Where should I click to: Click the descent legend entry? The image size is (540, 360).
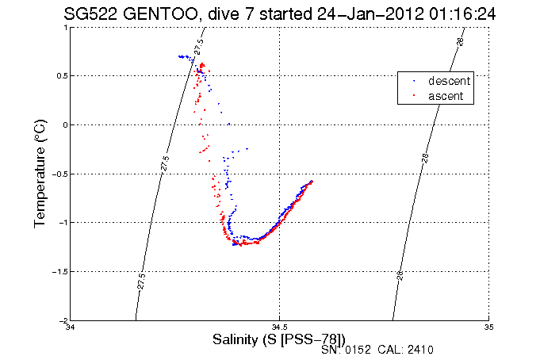click(449, 81)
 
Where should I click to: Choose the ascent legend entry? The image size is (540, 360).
click(446, 96)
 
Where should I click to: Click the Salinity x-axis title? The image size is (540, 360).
click(279, 339)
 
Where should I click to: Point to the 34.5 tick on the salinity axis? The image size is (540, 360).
click(280, 327)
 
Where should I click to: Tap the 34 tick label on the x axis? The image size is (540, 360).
click(71, 327)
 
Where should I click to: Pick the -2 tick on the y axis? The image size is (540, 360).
click(63, 320)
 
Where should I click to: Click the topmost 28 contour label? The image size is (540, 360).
click(460, 40)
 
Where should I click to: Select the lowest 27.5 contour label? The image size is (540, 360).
click(140, 281)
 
